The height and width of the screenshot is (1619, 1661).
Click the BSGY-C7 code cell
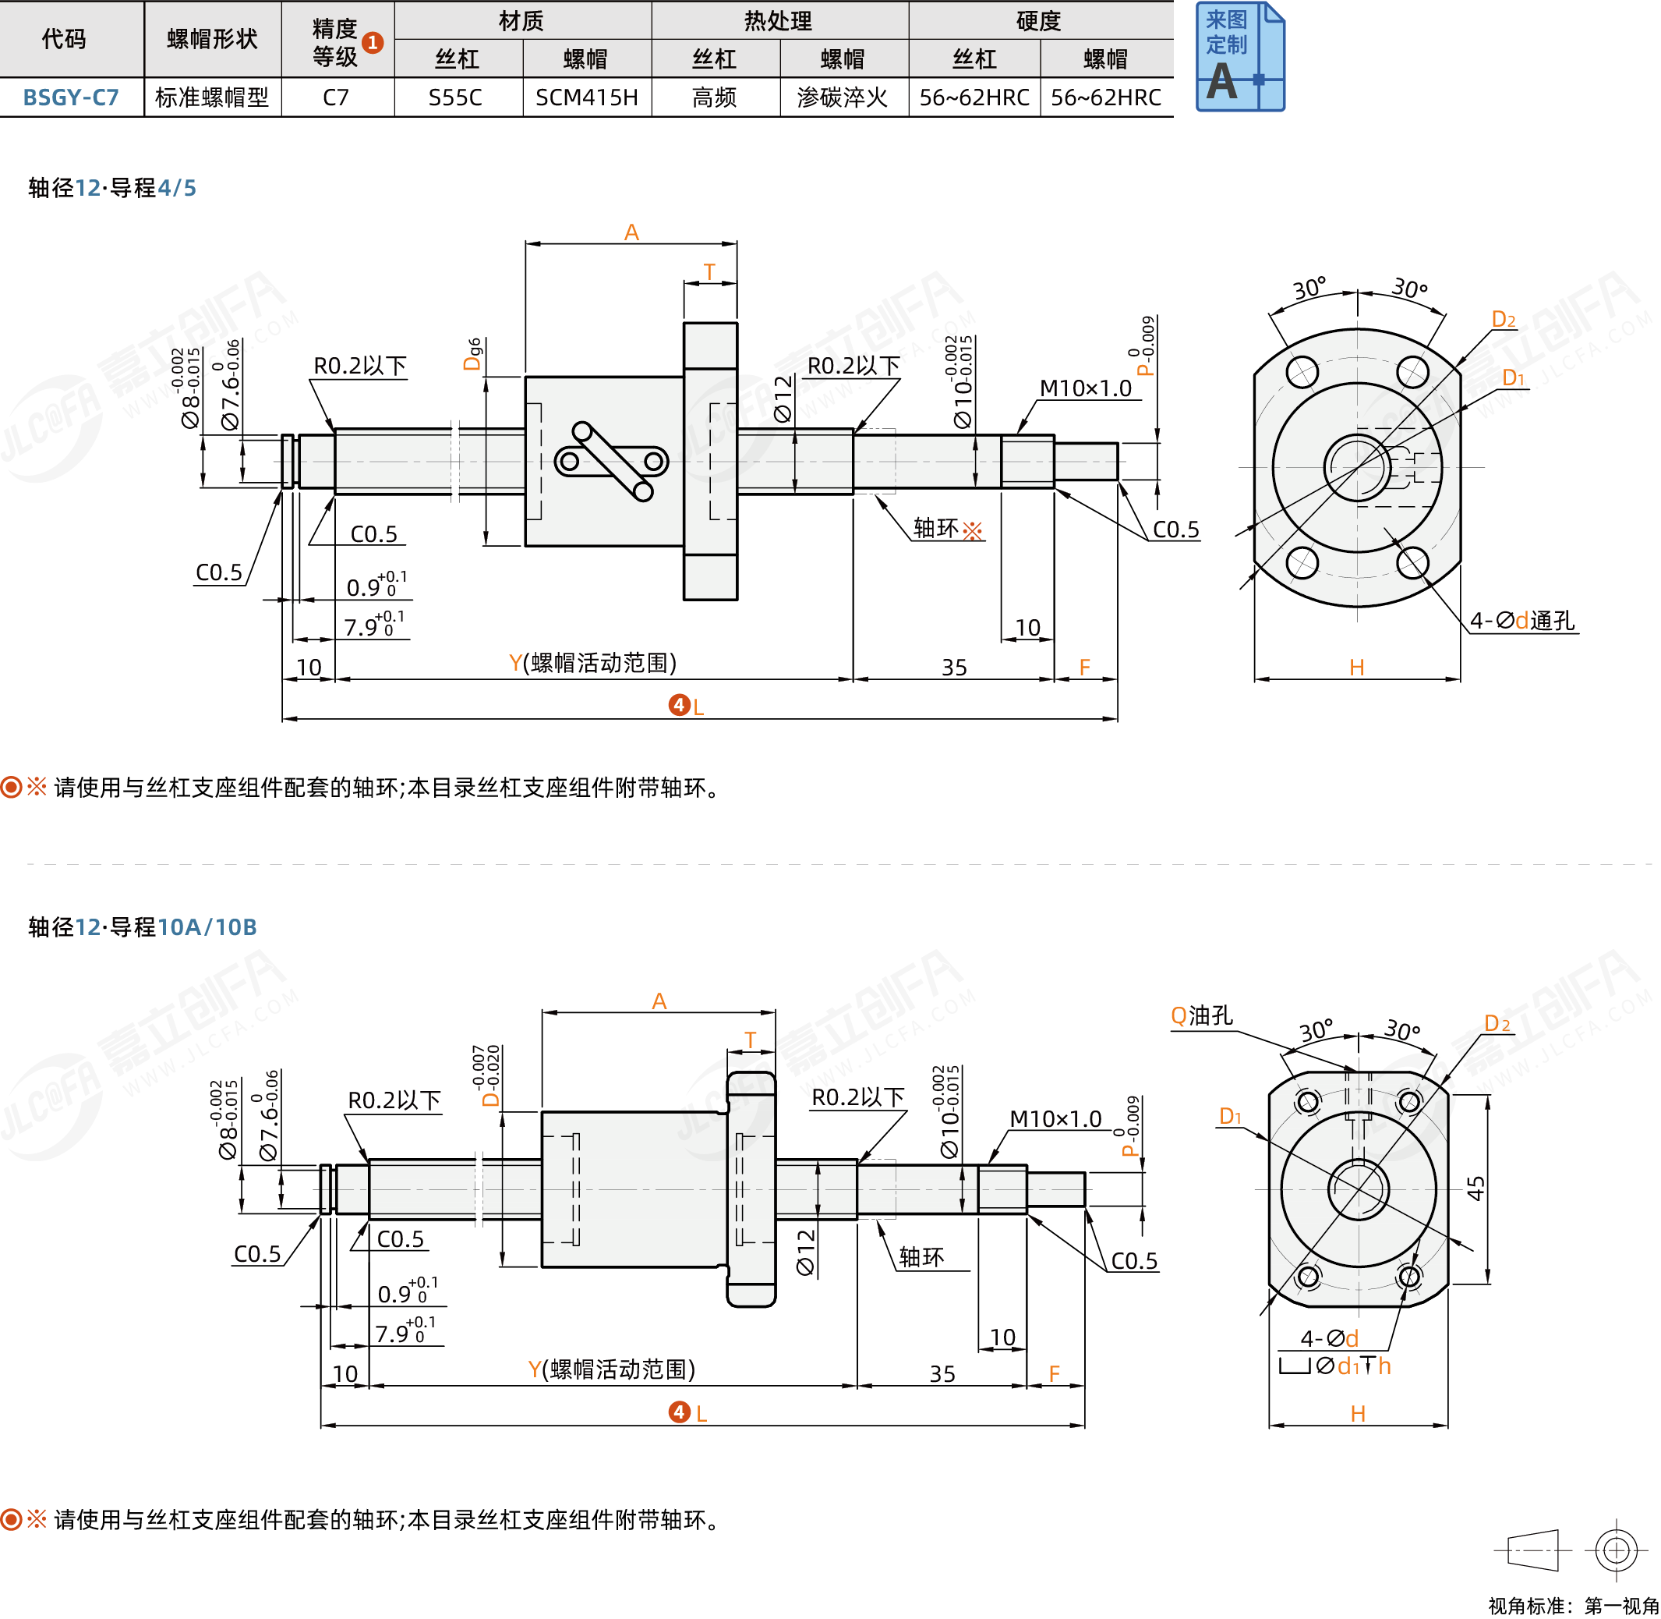tap(71, 97)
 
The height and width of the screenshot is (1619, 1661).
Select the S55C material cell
tap(456, 97)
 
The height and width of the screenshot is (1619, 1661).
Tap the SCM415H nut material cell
tap(587, 97)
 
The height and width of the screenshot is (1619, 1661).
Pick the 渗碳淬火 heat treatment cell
tap(842, 97)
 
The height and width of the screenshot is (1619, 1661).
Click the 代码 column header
tap(64, 39)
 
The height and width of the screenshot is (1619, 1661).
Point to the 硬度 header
tap(1039, 20)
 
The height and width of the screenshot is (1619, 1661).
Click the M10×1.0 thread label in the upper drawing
tap(1086, 388)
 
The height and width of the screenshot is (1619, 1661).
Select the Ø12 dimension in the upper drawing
tap(783, 399)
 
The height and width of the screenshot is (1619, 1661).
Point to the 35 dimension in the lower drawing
tap(942, 1373)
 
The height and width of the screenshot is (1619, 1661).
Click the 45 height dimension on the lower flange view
tap(1476, 1188)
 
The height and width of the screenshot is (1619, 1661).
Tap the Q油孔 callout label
tap(1201, 1015)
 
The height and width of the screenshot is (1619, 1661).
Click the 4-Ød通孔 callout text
tap(1522, 621)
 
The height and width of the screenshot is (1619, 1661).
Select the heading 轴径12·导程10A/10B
tap(142, 926)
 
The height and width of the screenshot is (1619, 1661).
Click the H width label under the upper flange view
tap(1357, 668)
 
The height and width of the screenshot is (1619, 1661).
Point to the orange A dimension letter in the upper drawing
tap(631, 232)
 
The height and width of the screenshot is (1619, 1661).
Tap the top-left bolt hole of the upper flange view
tap(1302, 371)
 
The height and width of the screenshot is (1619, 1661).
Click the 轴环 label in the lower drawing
tap(921, 1257)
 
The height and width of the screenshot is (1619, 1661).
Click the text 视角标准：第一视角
tap(1573, 1604)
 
